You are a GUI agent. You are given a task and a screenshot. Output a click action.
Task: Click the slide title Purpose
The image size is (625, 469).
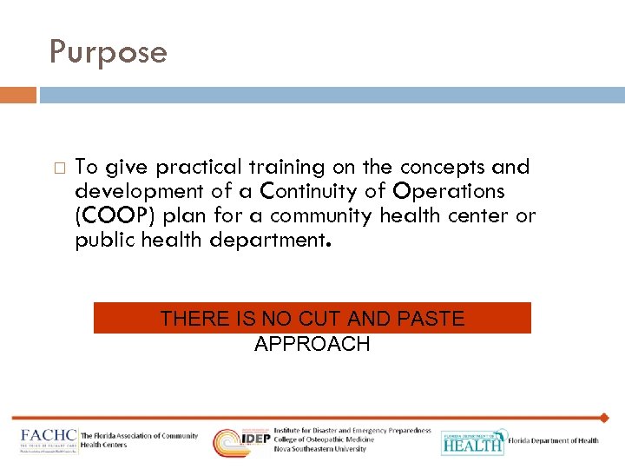pyautogui.click(x=108, y=53)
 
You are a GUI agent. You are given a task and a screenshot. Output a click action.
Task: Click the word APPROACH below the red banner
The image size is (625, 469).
pyautogui.click(x=312, y=344)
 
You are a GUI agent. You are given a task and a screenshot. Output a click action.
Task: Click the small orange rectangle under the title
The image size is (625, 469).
pyautogui.click(x=17, y=95)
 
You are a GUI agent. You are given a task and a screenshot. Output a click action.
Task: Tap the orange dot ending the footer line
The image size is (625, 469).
pyautogui.click(x=604, y=418)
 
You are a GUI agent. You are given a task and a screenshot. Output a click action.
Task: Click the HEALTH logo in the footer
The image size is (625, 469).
pyautogui.click(x=472, y=442)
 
